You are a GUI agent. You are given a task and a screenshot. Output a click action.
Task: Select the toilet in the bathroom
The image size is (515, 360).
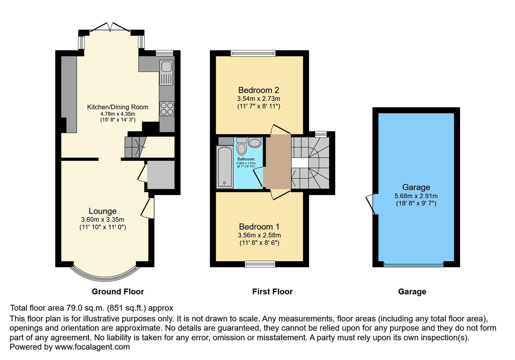(x=241, y=147)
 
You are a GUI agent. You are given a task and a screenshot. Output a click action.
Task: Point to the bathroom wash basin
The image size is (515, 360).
(x=255, y=143)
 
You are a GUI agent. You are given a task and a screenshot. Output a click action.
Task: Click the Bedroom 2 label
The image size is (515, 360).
(x=259, y=90)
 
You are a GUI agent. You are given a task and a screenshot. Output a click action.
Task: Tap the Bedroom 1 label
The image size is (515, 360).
(x=259, y=227)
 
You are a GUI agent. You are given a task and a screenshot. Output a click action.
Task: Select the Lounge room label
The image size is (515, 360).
(x=102, y=211)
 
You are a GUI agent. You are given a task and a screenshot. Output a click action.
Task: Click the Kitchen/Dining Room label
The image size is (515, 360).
(x=117, y=107)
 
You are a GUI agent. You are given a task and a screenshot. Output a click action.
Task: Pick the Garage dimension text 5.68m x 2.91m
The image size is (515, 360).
(x=416, y=196)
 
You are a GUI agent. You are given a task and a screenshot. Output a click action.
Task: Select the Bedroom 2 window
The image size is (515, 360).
(x=253, y=53)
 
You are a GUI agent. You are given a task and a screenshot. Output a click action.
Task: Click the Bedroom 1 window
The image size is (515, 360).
(x=260, y=264)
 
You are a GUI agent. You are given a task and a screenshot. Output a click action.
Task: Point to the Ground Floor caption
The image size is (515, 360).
(x=118, y=292)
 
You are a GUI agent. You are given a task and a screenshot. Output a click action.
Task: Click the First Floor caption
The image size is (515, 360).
(x=272, y=292)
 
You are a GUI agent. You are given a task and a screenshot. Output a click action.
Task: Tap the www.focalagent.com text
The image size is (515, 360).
(x=92, y=347)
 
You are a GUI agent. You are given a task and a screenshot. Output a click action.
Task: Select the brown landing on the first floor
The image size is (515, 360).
(x=278, y=162)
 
